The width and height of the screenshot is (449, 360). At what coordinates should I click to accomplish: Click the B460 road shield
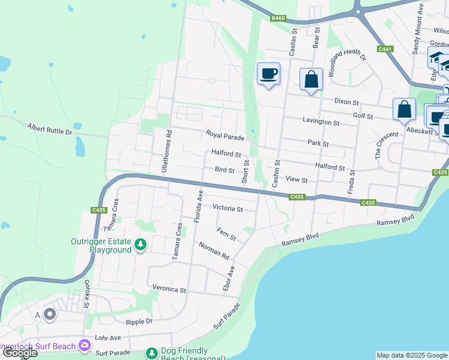278,19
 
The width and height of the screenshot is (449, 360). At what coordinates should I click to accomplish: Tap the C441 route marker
385,49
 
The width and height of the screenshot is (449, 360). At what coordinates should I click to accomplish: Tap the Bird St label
224,170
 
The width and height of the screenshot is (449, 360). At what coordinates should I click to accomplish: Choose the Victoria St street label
228,209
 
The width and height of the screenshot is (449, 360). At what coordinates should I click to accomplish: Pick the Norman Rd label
215,251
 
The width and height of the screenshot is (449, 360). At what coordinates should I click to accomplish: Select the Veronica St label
170,289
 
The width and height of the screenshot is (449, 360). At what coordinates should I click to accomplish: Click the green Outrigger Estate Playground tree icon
140,244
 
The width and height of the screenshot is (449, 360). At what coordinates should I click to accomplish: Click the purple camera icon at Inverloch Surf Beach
84,345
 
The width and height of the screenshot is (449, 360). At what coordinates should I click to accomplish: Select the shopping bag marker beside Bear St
311,79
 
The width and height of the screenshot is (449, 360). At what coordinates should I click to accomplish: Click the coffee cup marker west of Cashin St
268,74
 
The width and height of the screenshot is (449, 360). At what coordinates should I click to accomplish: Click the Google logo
19,353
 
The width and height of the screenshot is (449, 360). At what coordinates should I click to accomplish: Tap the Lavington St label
321,122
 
